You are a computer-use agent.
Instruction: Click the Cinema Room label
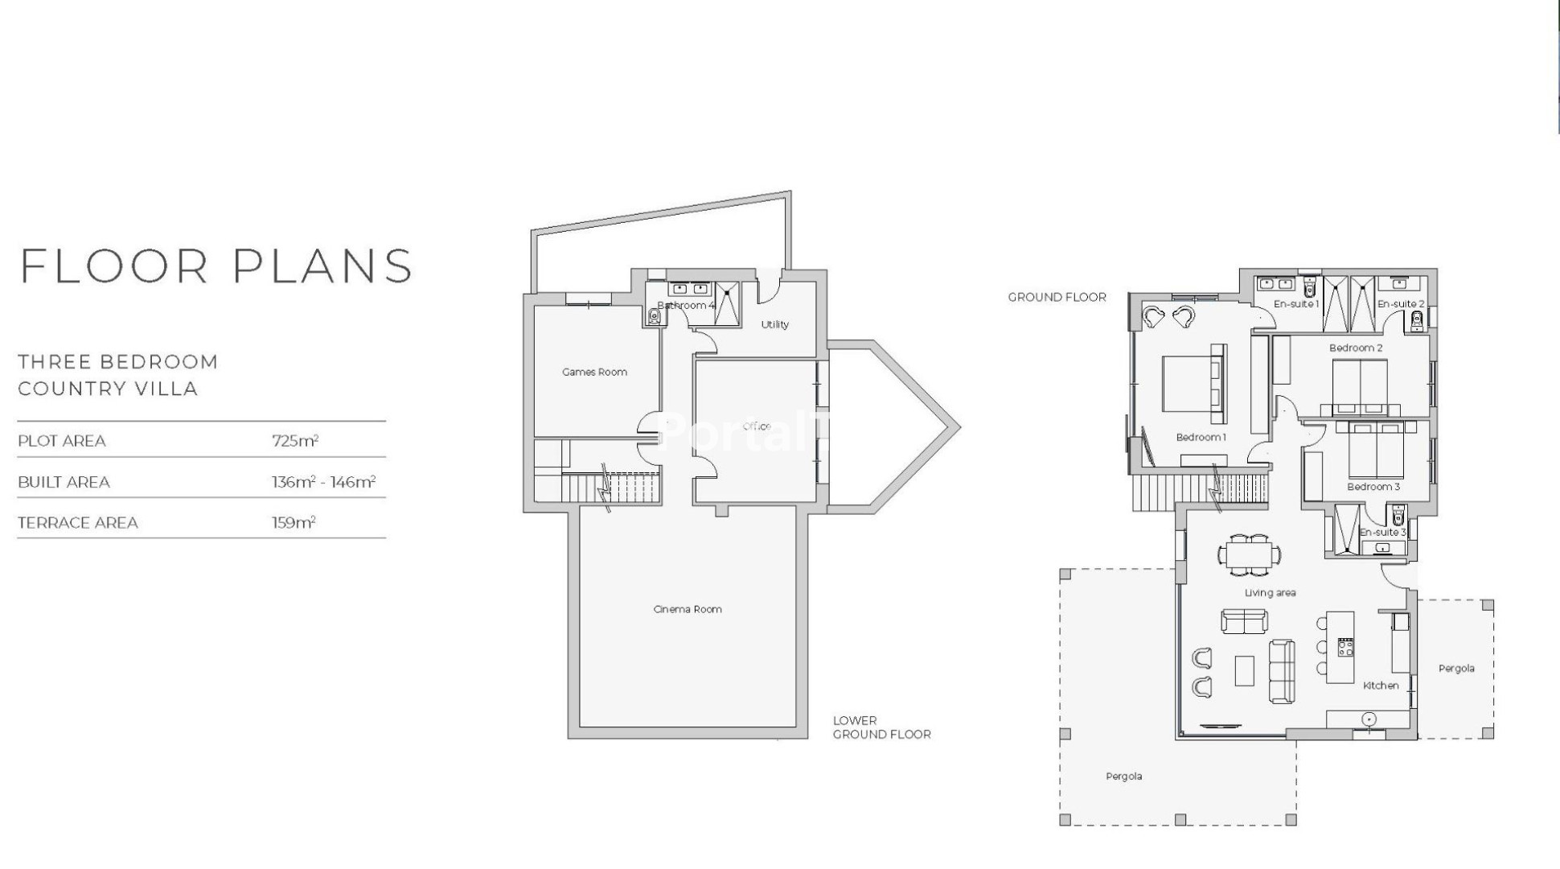click(x=688, y=609)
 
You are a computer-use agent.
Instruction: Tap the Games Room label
click(x=594, y=372)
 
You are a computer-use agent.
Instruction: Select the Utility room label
click(x=775, y=324)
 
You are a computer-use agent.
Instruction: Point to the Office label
click(x=757, y=426)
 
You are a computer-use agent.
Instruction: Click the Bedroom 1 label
click(x=1201, y=437)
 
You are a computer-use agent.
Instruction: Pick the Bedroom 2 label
click(x=1356, y=348)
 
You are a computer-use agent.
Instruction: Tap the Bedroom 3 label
click(x=1373, y=487)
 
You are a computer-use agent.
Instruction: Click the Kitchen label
click(x=1381, y=686)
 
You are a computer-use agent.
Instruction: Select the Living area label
click(x=1270, y=593)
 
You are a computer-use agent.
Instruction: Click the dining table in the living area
click(x=1250, y=555)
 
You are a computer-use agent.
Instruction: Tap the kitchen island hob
click(x=1345, y=647)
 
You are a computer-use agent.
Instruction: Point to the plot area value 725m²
click(x=295, y=441)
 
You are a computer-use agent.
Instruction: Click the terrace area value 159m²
click(x=294, y=523)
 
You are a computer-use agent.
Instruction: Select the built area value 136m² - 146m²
click(x=323, y=482)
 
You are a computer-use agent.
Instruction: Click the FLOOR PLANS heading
click(x=216, y=266)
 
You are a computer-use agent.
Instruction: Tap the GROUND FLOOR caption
click(x=1057, y=297)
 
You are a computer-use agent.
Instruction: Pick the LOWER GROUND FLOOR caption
click(x=881, y=727)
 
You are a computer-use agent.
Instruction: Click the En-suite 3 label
click(x=1382, y=532)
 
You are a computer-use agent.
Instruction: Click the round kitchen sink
click(x=1369, y=719)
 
